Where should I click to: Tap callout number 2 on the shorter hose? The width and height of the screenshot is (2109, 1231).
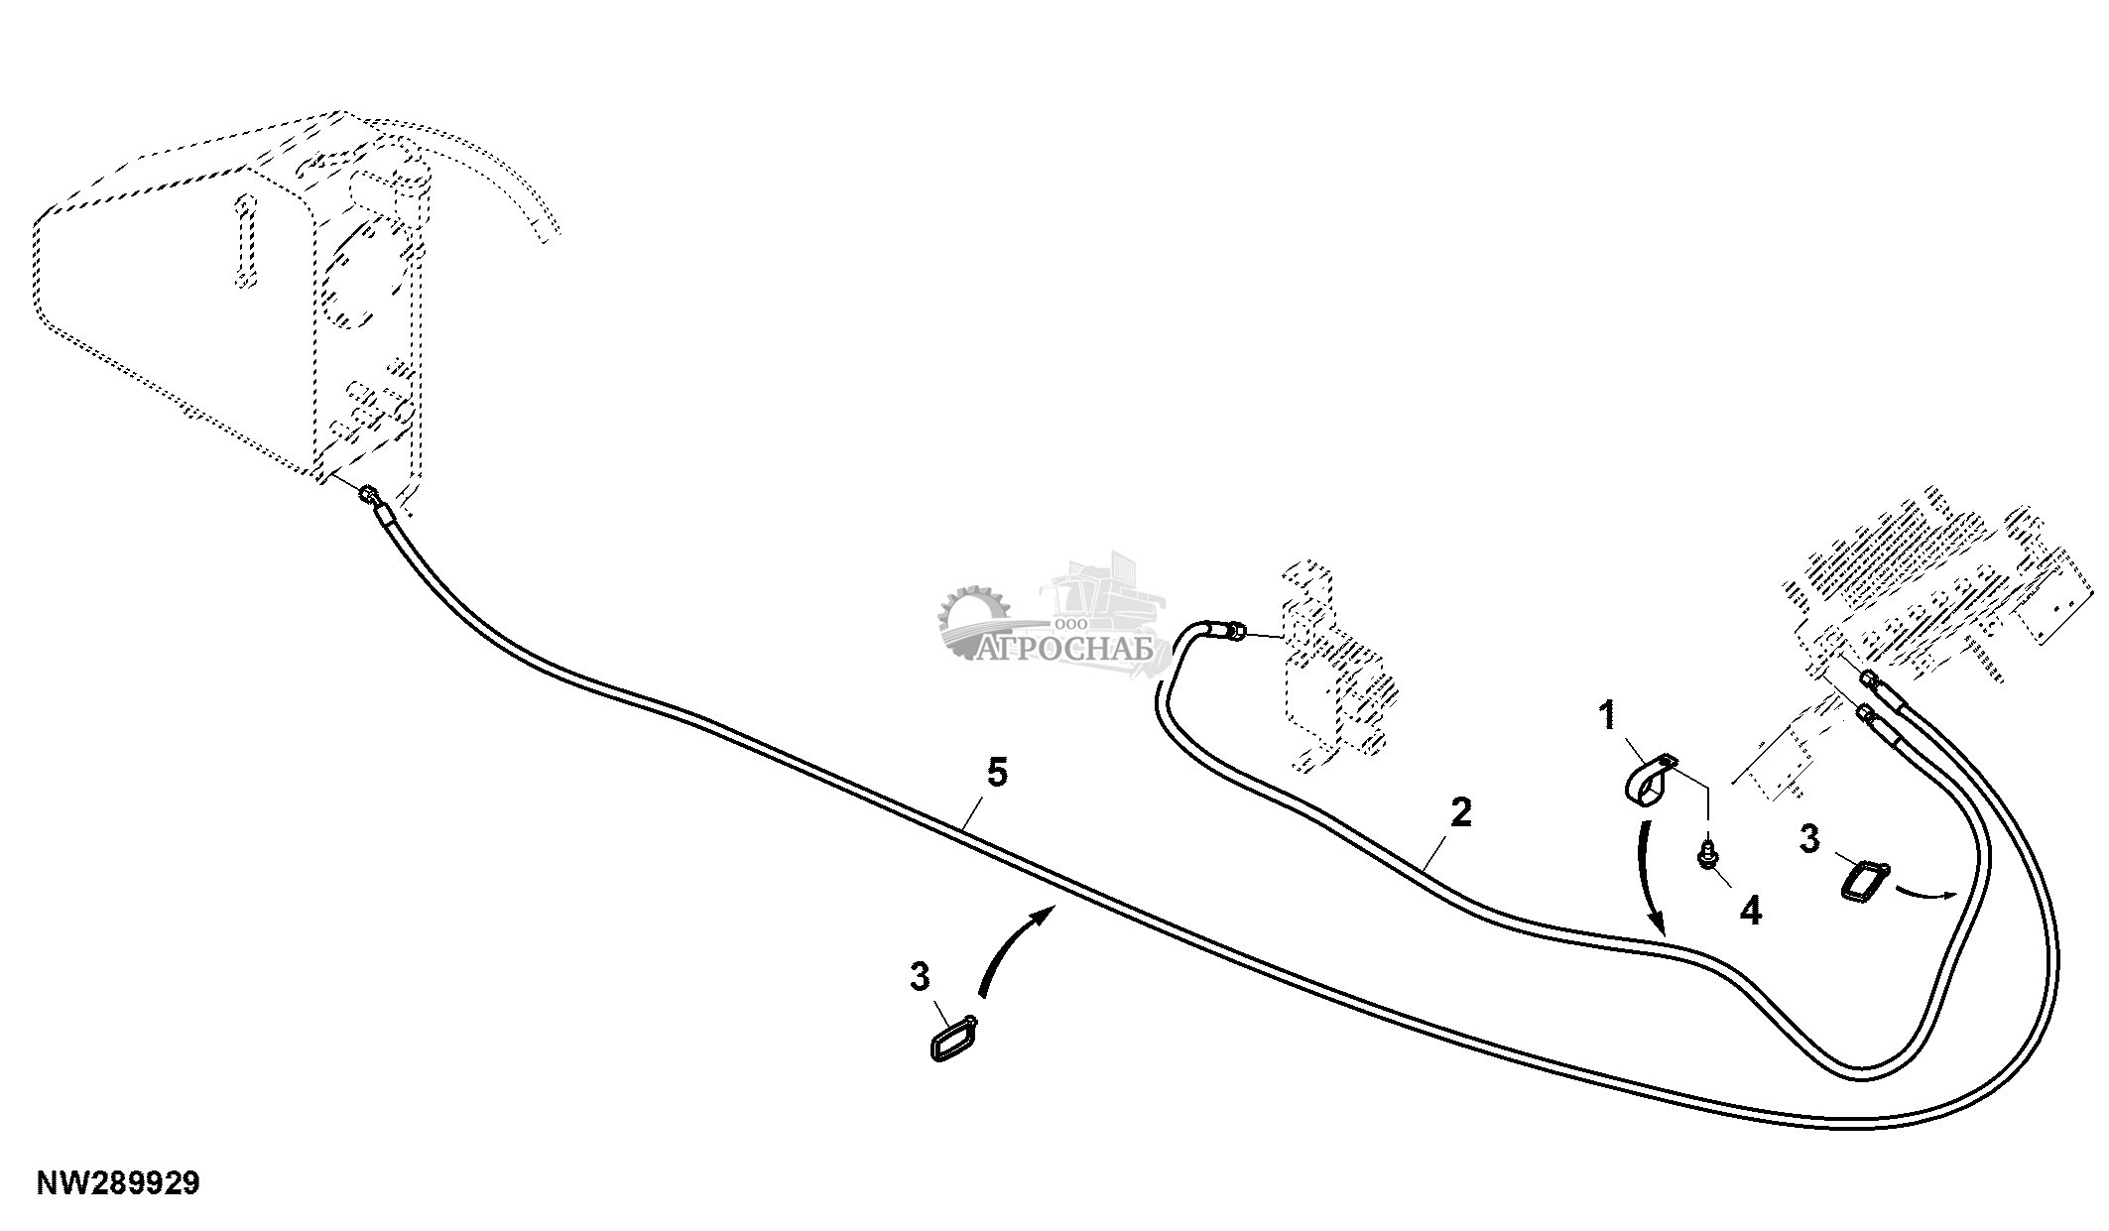(1460, 812)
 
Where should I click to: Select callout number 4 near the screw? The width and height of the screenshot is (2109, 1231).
(1751, 909)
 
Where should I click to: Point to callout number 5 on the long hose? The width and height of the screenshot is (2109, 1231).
(997, 772)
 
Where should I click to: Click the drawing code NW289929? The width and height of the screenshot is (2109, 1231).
(118, 1182)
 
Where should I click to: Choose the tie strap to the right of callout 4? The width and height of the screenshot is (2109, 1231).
(1865, 880)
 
